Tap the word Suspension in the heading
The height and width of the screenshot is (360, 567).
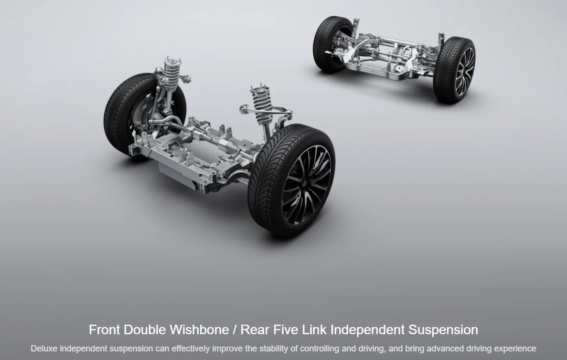[443, 330]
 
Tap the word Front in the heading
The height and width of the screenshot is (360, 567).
[105, 329]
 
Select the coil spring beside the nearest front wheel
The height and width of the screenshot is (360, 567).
[262, 104]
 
